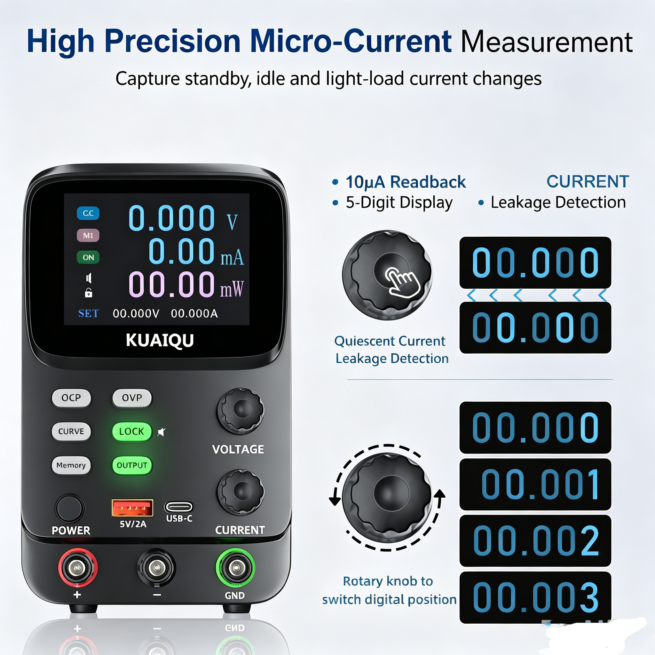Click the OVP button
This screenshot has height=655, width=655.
(x=132, y=398)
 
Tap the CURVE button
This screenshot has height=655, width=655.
(x=71, y=431)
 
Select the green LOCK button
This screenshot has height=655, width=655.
(x=131, y=431)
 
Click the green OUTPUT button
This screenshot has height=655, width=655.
(x=132, y=465)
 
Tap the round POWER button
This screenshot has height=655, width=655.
(x=69, y=508)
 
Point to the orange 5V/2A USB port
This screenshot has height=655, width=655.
(x=132, y=508)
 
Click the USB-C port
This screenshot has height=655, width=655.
(x=179, y=507)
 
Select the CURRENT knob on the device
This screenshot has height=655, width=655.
(x=241, y=492)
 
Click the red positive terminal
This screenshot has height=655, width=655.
(x=78, y=568)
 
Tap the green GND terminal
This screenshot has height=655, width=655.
(x=236, y=568)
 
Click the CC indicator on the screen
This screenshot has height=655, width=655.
(x=88, y=213)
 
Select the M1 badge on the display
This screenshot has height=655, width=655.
(x=88, y=235)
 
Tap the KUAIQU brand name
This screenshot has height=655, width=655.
(x=160, y=340)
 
